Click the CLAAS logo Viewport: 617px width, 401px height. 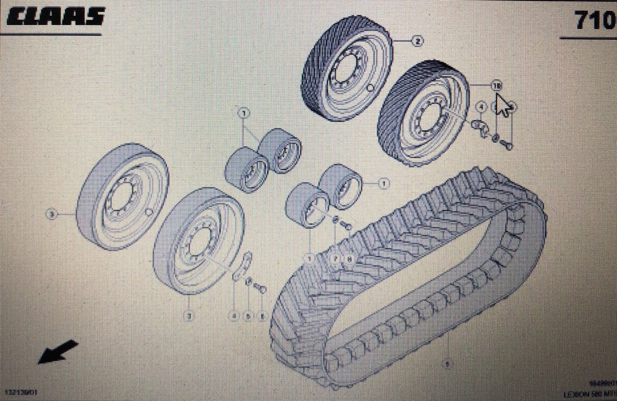click(55, 17)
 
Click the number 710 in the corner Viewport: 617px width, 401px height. click(594, 20)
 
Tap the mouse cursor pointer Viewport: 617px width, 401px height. click(502, 105)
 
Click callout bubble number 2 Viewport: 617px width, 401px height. click(417, 42)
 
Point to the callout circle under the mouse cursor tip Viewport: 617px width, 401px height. click(496, 86)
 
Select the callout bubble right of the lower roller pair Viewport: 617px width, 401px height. click(383, 182)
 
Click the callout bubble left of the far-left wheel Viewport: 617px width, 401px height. click(51, 214)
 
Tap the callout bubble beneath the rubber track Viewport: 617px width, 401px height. click(446, 364)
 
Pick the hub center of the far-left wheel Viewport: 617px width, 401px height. click(120, 196)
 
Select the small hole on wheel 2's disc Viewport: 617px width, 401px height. click(370, 89)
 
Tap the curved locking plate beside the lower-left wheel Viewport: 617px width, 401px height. click(243, 268)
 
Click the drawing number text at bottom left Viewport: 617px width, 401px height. click(21, 392)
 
